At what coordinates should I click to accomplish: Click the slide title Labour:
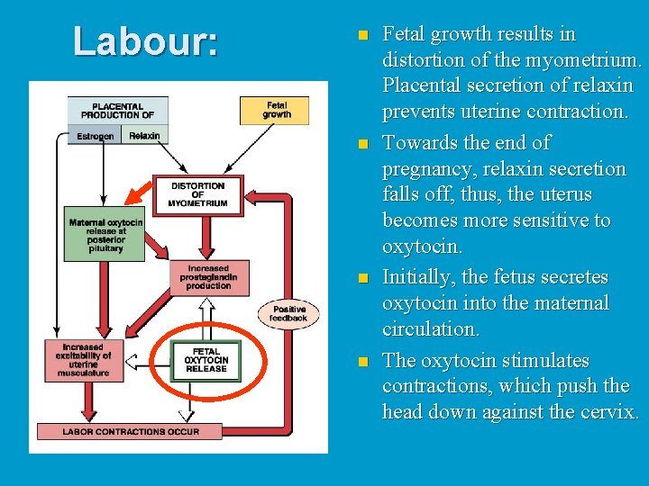point(145,41)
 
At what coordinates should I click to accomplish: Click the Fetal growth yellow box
point(276,110)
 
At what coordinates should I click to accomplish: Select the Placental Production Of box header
point(117,110)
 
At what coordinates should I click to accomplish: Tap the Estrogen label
point(95,136)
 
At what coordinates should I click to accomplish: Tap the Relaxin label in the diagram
point(144,136)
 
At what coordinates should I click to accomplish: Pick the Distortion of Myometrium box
point(197,194)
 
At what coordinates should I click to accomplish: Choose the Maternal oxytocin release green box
point(105,235)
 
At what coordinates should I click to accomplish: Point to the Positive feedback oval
point(288,312)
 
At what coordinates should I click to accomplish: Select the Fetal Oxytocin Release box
point(206,360)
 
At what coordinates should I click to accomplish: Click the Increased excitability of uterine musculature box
point(84,360)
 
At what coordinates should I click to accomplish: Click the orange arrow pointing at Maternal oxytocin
point(140,194)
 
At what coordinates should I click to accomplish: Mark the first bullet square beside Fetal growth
point(362,36)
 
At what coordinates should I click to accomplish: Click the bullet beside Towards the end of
point(362,144)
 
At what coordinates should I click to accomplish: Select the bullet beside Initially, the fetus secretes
point(362,278)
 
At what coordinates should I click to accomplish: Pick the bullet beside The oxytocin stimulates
point(362,362)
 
